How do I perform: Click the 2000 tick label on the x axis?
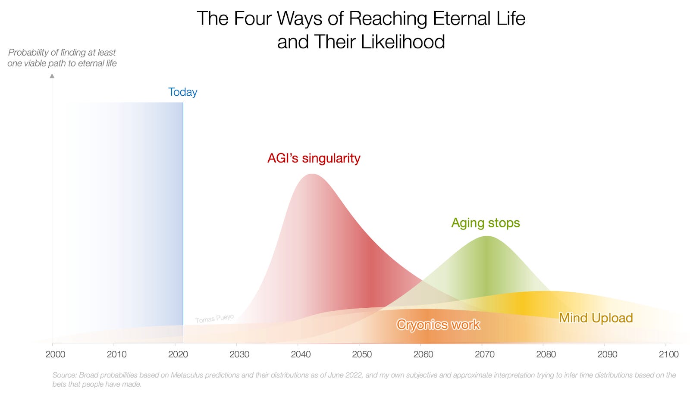55,354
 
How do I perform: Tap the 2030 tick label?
239,354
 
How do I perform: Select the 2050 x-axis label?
362,354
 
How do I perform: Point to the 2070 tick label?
485,354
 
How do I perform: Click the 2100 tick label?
668,354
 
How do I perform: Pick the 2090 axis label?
607,354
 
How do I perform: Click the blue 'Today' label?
182,92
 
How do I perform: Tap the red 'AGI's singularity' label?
314,158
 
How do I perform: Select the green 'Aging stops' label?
486,223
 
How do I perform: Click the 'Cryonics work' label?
438,325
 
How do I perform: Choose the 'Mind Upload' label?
596,318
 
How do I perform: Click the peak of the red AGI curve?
311,175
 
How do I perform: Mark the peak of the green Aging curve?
486,237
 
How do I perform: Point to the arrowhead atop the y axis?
52,76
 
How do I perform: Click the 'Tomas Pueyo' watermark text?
214,319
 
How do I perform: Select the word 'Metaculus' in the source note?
187,375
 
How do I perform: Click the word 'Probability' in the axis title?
28,53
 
